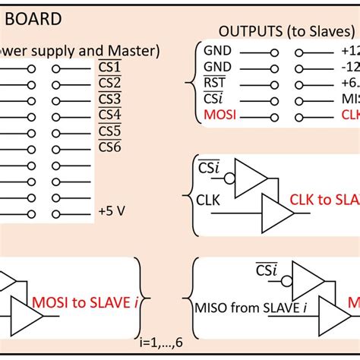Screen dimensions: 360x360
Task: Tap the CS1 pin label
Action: (110, 68)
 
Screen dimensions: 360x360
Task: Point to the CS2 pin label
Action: (110, 83)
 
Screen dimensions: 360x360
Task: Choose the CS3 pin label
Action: (110, 99)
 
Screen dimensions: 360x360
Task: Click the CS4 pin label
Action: (110, 115)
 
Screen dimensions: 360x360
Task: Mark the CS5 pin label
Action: (110, 131)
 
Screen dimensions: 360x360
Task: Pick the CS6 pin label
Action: (110, 147)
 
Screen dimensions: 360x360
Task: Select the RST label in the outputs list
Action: (214, 84)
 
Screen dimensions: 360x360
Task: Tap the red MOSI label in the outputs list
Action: (219, 116)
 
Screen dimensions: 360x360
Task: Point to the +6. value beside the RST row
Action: (345, 84)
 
